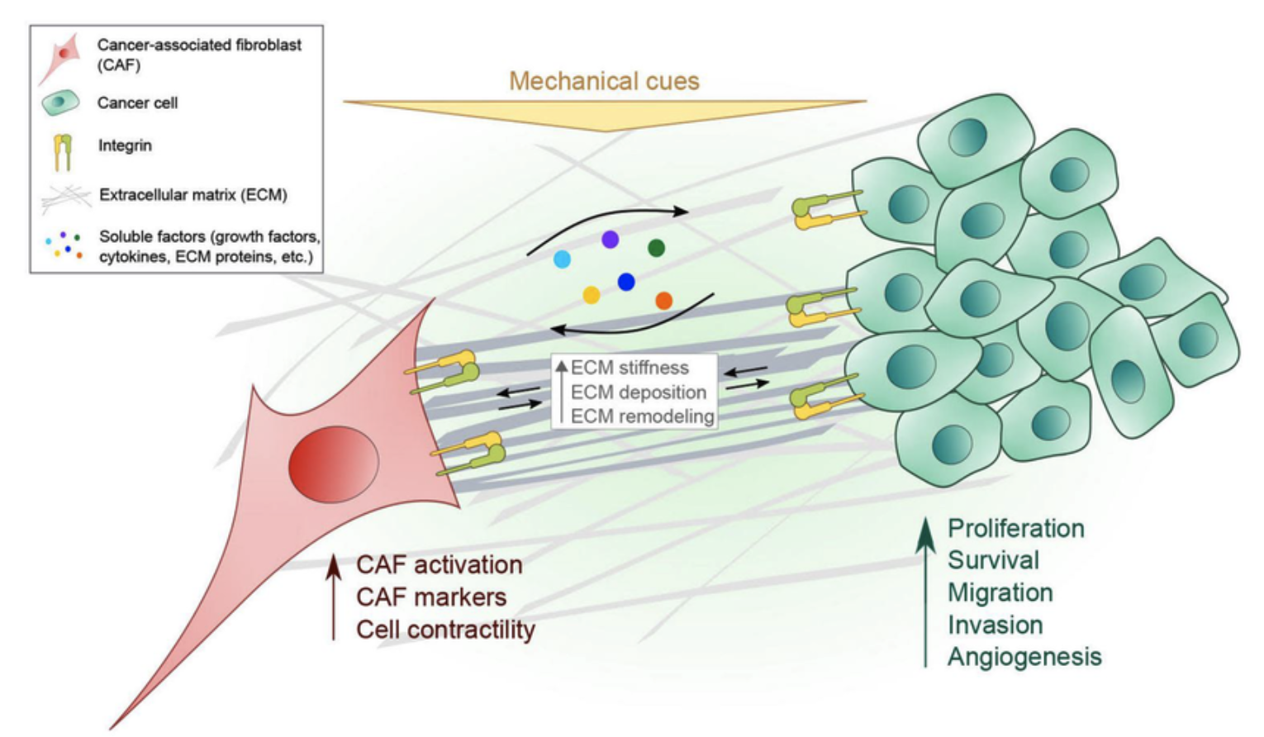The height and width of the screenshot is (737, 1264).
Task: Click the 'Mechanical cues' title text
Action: pyautogui.click(x=604, y=81)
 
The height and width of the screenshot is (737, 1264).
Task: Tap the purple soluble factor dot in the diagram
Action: pyautogui.click(x=610, y=240)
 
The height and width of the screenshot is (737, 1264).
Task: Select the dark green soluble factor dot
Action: pyautogui.click(x=656, y=247)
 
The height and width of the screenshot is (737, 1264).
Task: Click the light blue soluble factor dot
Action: pyautogui.click(x=562, y=259)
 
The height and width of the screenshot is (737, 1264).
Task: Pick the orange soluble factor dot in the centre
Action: pyautogui.click(x=663, y=301)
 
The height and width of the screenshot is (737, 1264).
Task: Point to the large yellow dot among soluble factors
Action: pyautogui.click(x=591, y=295)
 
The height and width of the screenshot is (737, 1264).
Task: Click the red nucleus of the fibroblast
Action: pyautogui.click(x=333, y=464)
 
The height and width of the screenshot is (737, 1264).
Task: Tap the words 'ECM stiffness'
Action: pyautogui.click(x=630, y=368)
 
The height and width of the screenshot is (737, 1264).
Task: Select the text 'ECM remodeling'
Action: pyautogui.click(x=642, y=416)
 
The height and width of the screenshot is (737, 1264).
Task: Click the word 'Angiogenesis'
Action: pyautogui.click(x=1024, y=657)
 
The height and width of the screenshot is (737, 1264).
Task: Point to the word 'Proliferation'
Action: pyautogui.click(x=1015, y=529)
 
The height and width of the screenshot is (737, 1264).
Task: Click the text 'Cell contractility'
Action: pyautogui.click(x=445, y=630)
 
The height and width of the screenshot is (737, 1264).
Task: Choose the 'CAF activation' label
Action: pyautogui.click(x=439, y=565)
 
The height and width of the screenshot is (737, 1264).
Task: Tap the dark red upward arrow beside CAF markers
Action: pyautogui.click(x=334, y=597)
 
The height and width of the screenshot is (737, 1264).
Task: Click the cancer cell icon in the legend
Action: pyautogui.click(x=59, y=102)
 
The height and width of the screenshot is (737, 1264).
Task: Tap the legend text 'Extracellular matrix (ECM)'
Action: pyautogui.click(x=193, y=196)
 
